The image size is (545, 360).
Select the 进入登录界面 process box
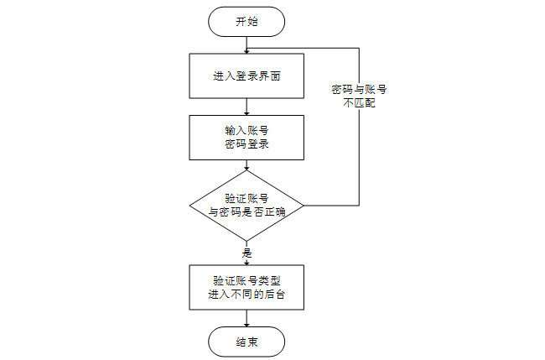point(247,76)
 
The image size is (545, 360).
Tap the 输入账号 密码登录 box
point(247,138)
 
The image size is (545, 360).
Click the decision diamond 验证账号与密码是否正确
point(247,205)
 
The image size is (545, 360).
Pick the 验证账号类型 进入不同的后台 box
point(247,287)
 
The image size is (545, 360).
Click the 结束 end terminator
point(247,342)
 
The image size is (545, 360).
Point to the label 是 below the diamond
point(247,253)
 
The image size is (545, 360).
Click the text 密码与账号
point(359,89)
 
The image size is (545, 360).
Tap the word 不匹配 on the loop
point(359,105)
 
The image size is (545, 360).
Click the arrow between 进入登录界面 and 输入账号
point(247,107)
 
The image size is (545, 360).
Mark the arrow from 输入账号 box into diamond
point(247,165)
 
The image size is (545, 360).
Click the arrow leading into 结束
point(247,319)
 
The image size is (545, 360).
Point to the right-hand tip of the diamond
point(304,205)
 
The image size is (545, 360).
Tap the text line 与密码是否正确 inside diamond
point(247,212)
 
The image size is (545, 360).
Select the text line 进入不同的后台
point(247,295)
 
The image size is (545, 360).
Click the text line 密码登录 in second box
point(247,145)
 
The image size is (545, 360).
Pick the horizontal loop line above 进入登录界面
point(302,50)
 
